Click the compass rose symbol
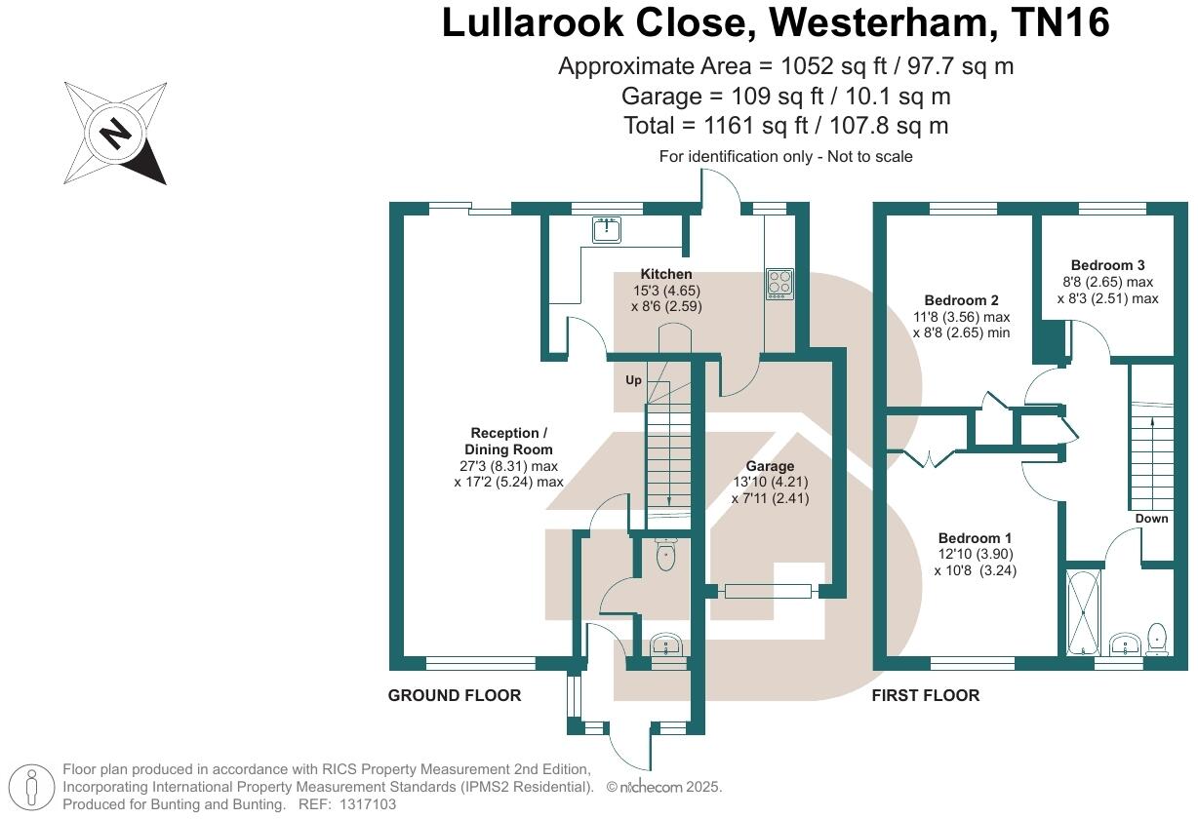115,134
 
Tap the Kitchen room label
666,274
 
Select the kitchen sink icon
608,230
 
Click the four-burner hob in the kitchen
779,283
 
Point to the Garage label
771,466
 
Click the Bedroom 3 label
1107,265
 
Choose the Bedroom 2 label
961,300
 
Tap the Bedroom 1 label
975,538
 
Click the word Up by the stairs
633,380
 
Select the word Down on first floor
1151,519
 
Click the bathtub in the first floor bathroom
1083,612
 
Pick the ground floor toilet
667,556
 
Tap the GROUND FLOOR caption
455,695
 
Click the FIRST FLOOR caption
925,695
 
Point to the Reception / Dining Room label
504,441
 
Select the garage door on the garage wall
767,590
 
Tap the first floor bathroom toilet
1158,639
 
